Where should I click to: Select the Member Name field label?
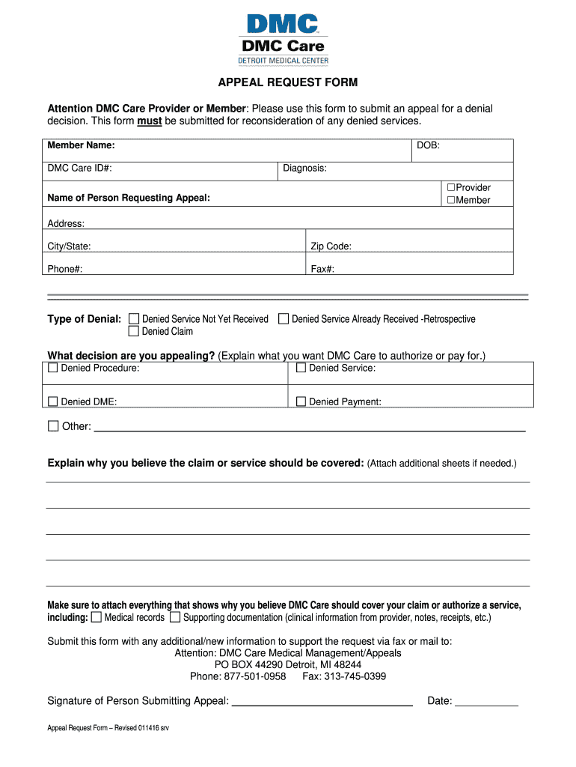click(81, 145)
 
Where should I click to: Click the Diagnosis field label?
click(304, 169)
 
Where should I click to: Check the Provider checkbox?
click(451, 187)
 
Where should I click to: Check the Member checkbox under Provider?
click(451, 200)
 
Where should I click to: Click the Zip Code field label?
click(331, 246)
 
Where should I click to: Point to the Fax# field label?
click(322, 269)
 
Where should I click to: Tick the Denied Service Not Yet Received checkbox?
click(135, 319)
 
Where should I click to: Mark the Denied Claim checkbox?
click(135, 331)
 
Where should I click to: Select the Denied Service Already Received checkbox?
click(284, 319)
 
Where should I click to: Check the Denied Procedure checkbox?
click(53, 368)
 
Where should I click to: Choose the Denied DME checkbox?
click(53, 401)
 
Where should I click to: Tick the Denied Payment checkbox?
click(301, 401)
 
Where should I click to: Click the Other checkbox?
click(53, 426)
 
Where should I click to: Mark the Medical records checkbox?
click(96, 618)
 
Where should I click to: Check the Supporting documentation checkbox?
click(175, 618)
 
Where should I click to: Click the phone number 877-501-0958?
click(254, 676)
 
